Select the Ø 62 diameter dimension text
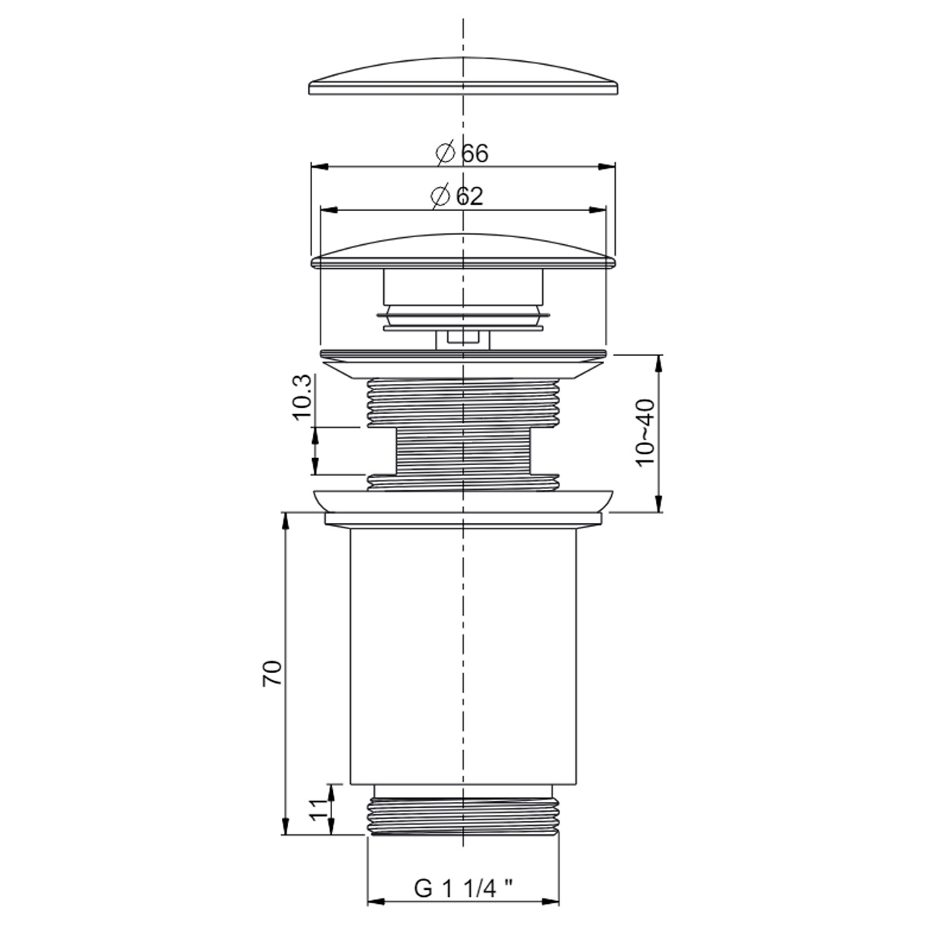[x=458, y=196]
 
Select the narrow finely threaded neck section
[x=462, y=452]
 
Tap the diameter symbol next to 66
[x=444, y=154]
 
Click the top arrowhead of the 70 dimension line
[x=286, y=518]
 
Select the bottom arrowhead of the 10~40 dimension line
[x=658, y=507]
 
